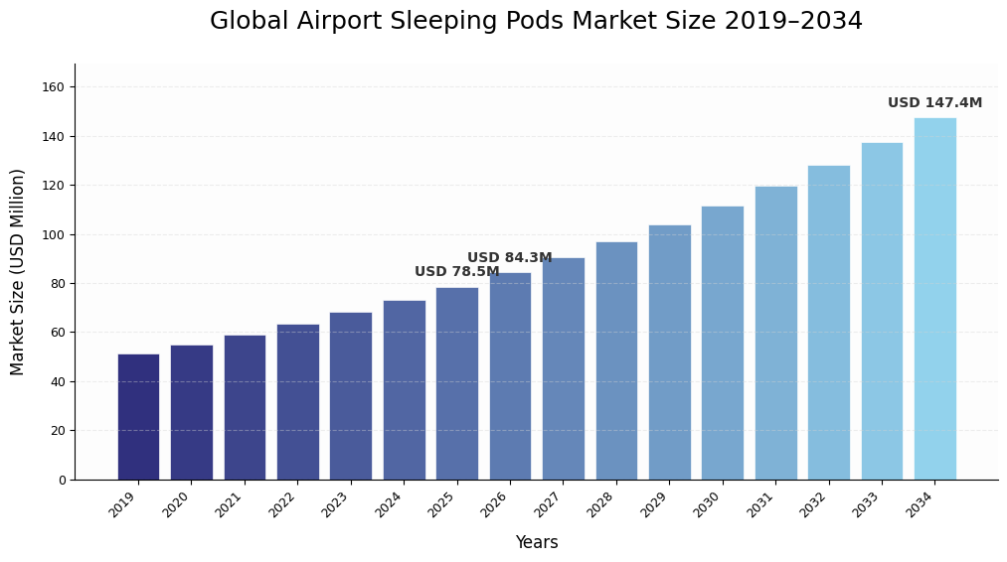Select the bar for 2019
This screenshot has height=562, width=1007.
[x=138, y=417]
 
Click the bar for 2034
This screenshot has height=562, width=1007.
[x=934, y=299]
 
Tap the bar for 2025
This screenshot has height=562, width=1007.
[x=456, y=383]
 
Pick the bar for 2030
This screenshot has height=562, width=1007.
[x=722, y=343]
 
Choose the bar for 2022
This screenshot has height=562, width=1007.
[x=297, y=402]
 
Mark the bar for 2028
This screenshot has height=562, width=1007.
[x=616, y=360]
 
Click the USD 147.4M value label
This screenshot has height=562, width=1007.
[x=934, y=103]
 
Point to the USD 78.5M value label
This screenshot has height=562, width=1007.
[x=456, y=272]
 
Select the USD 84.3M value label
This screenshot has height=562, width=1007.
[x=509, y=258]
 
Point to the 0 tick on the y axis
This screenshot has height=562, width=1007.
[x=62, y=480]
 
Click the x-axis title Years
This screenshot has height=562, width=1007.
[x=536, y=543]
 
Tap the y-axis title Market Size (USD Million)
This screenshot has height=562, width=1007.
[x=18, y=272]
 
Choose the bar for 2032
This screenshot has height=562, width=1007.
[x=828, y=323]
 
